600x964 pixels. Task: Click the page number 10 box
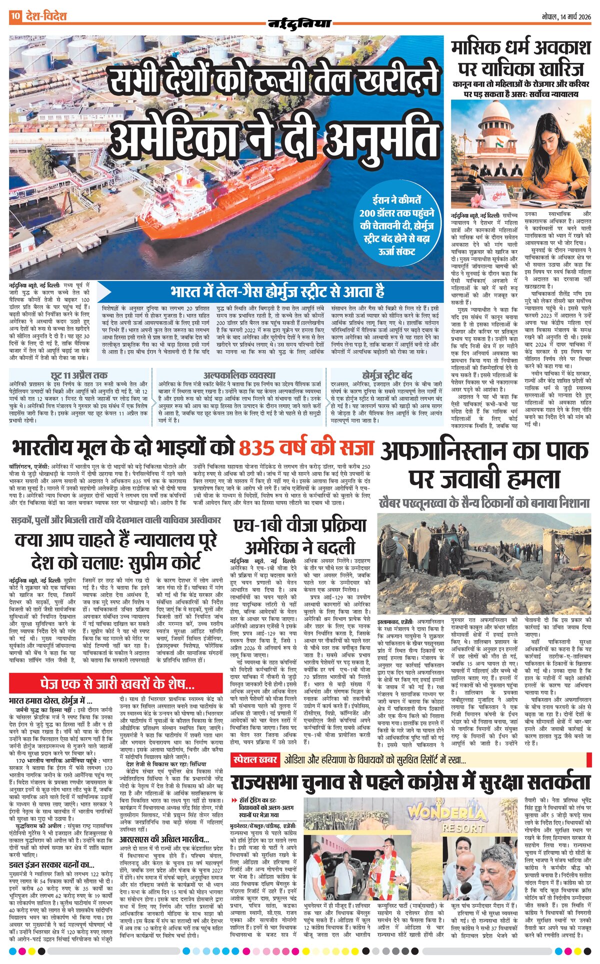pos(15,16)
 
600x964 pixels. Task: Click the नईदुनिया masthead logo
pos(299,23)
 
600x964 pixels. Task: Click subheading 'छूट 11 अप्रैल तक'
pos(79,374)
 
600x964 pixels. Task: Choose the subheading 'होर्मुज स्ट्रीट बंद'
pos(387,374)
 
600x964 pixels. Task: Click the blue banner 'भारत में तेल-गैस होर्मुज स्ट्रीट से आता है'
pos(277,291)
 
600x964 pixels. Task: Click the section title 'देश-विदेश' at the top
pos(46,16)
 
